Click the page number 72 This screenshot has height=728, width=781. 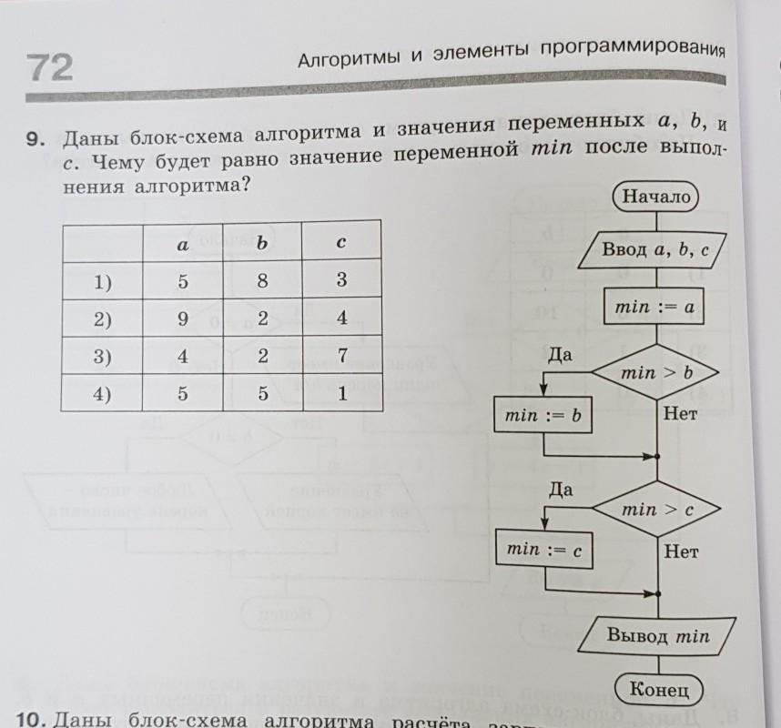tap(49, 67)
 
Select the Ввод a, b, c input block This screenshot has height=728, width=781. tap(654, 249)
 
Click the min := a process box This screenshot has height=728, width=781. tap(654, 308)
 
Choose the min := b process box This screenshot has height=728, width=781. tap(543, 416)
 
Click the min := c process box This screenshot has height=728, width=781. tap(543, 549)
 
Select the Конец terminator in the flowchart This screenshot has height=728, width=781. tap(659, 689)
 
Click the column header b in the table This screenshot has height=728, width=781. tap(262, 243)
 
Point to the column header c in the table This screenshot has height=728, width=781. tap(341, 243)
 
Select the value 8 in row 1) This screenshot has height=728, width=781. tap(262, 281)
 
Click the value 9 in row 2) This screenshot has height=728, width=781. tap(183, 319)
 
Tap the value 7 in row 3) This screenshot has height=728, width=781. tap(342, 356)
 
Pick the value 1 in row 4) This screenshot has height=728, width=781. tap(341, 395)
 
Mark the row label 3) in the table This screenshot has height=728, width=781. tap(102, 358)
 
